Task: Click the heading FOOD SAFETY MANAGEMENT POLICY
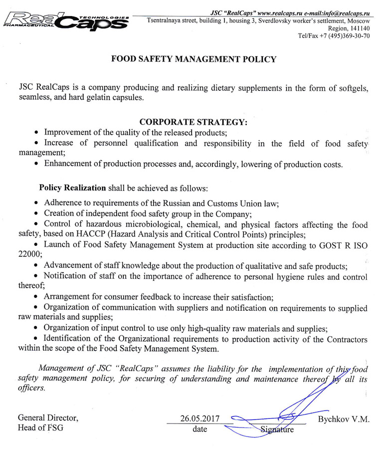pos(193,59)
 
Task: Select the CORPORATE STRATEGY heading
pos(193,122)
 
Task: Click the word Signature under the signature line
pos(277,429)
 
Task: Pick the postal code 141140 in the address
pos(358,29)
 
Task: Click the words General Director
pos(48,418)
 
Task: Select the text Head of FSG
pos(40,428)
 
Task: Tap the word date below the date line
pos(199,429)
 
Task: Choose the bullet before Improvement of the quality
pos(37,133)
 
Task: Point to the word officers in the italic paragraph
pos(31,388)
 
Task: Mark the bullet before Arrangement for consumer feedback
pos(37,297)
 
